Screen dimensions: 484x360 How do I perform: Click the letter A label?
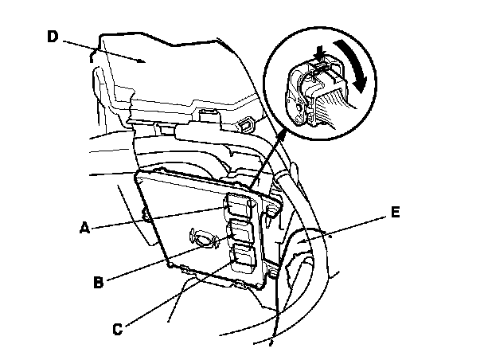coord(84,226)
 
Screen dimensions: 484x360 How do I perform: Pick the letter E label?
coord(395,213)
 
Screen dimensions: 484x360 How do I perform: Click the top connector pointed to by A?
coord(239,204)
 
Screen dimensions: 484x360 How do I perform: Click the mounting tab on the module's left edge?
coord(145,213)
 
